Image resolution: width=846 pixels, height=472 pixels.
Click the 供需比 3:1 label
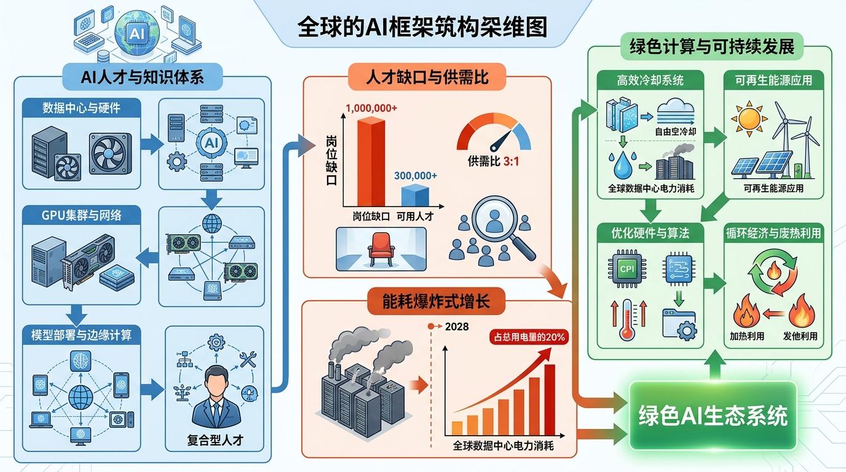coord(493,162)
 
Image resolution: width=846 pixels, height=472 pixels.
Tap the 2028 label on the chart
coord(454,326)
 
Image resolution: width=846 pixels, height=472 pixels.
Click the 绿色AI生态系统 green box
coord(713,416)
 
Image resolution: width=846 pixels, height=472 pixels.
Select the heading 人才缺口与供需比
coord(427,78)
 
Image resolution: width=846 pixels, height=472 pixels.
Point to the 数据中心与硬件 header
coord(81,108)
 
